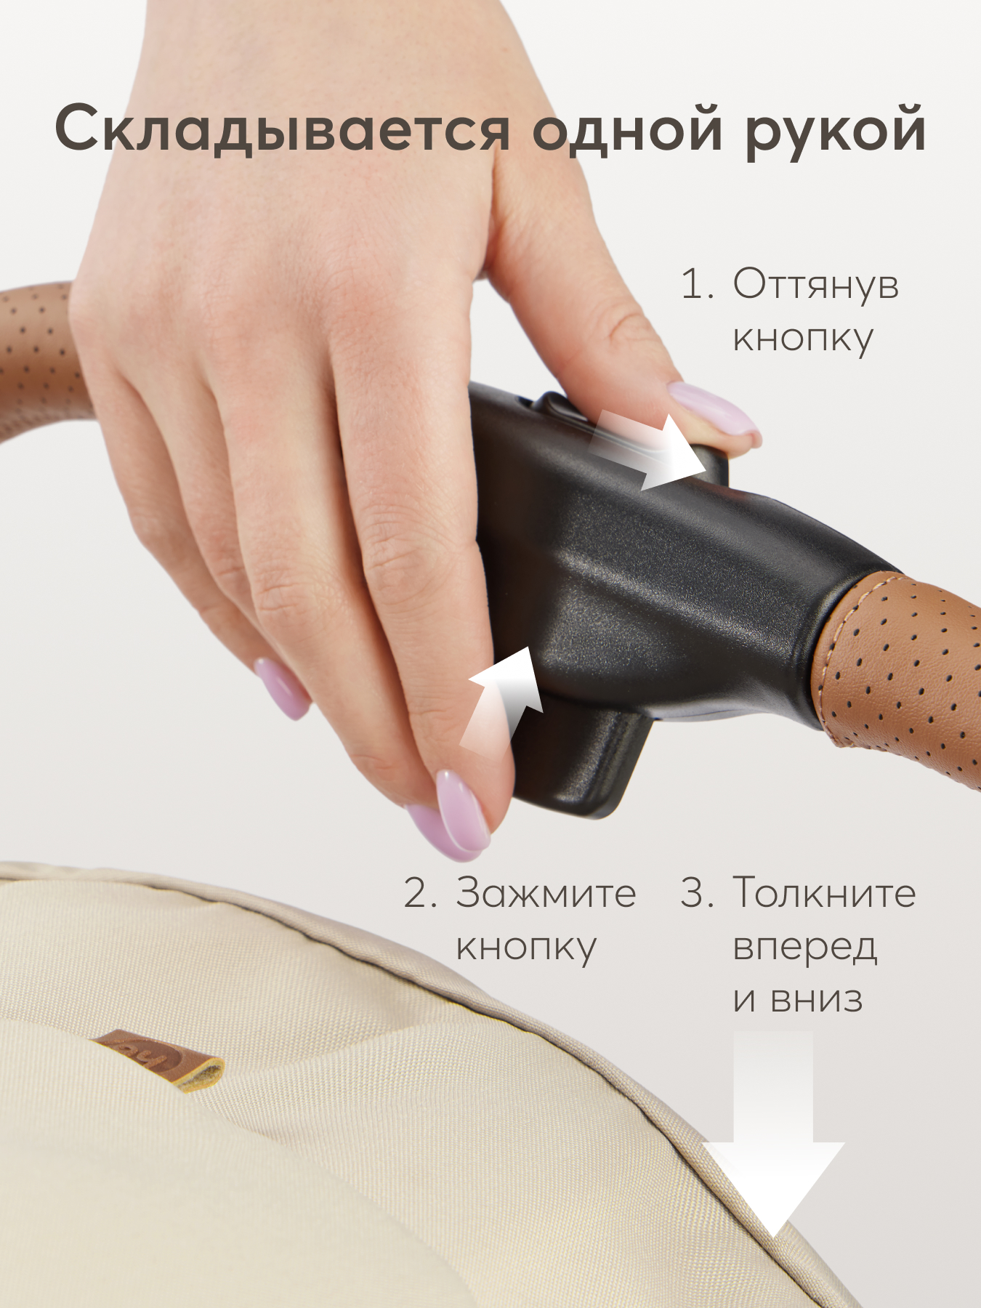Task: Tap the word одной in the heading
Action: coord(628,129)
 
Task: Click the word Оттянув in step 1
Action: coord(816,285)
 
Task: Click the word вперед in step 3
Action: coord(805,948)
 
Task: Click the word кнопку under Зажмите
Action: coord(526,948)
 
